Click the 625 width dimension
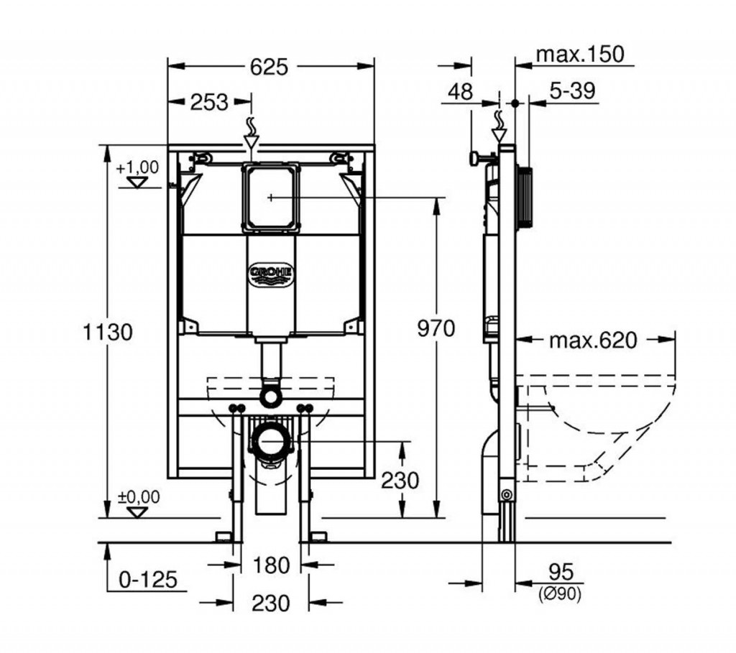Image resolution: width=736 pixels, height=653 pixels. (269, 67)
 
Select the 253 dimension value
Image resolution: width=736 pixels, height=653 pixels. (209, 102)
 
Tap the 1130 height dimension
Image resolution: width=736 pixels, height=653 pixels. (108, 332)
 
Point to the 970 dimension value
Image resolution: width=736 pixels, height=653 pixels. (436, 328)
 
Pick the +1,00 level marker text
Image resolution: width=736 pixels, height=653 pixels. (138, 167)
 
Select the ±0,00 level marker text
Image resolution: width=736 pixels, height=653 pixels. (139, 496)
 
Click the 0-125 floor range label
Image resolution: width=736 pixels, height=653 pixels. (148, 580)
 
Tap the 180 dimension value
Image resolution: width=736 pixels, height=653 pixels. (271, 565)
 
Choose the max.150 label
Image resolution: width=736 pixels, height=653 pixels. (580, 55)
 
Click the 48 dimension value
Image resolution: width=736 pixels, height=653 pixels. (460, 91)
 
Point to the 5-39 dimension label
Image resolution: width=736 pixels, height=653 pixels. (572, 91)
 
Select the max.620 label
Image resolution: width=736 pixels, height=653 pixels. (593, 341)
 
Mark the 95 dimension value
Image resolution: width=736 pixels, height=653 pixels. (561, 572)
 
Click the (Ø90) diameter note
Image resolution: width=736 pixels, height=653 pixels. (560, 594)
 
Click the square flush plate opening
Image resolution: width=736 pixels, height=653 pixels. (271, 198)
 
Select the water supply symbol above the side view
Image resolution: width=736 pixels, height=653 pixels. (499, 126)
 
